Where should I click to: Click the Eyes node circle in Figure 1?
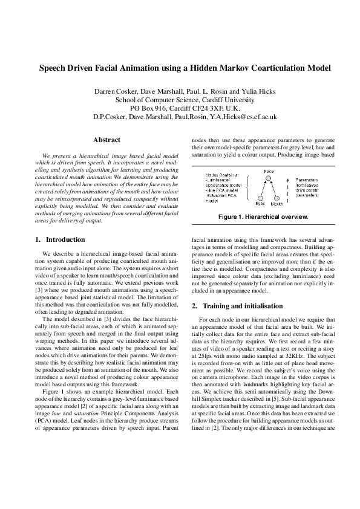tap(260, 197)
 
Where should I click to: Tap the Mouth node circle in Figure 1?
tap(276, 197)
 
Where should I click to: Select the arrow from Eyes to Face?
tap(264, 188)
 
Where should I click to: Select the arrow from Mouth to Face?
tap(272, 188)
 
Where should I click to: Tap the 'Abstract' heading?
tap(106, 140)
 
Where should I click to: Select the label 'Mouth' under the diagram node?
tap(277, 204)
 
